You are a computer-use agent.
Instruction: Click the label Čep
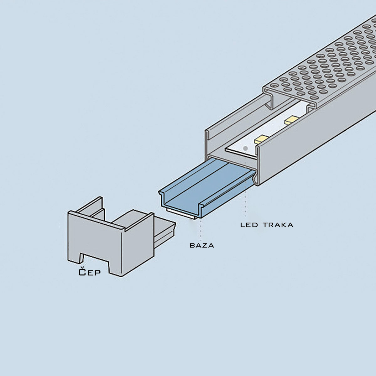(x=89, y=272)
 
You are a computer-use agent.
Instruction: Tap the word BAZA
(x=202, y=245)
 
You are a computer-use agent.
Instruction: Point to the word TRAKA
(x=278, y=225)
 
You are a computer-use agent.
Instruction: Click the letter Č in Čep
(x=82, y=272)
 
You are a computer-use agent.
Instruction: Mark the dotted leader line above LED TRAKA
(x=245, y=204)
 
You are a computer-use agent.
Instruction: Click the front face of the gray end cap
(x=94, y=241)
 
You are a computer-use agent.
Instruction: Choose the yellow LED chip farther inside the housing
(x=290, y=120)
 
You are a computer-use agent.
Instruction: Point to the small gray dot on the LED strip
(x=246, y=148)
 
